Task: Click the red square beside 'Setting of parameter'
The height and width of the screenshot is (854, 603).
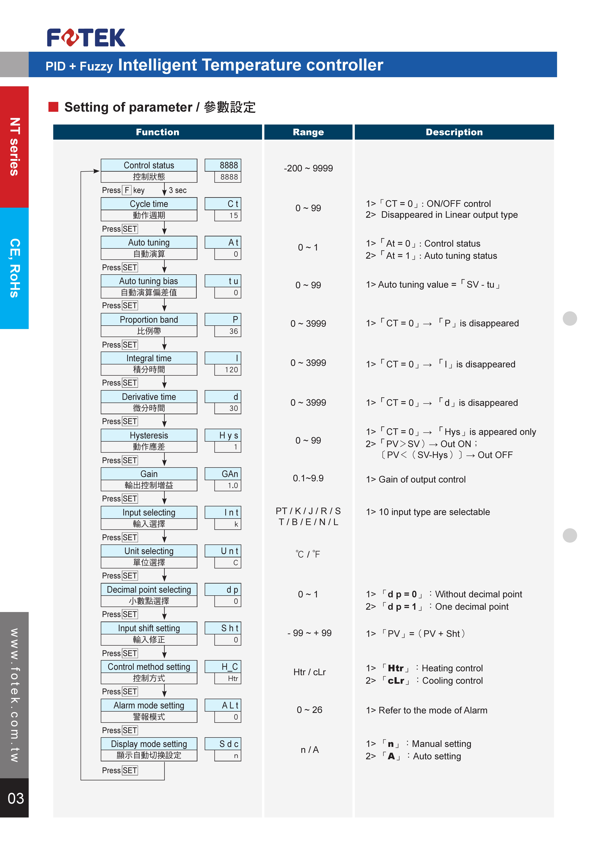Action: point(53,107)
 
